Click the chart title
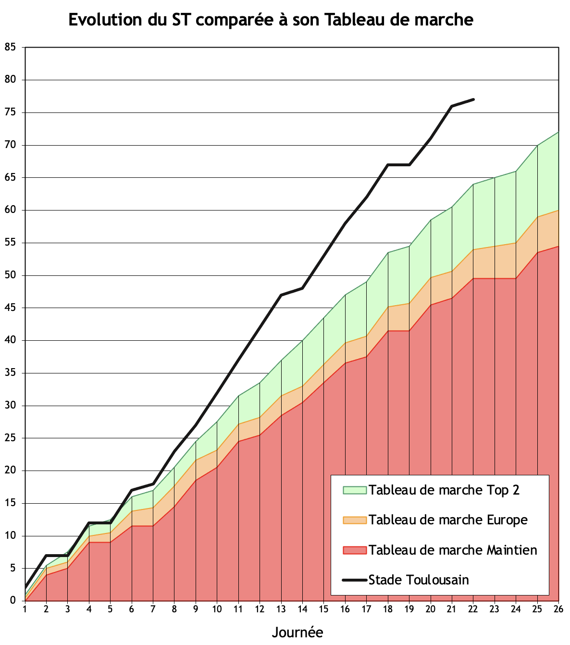point(271,20)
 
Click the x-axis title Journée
point(297,632)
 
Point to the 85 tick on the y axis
point(10,47)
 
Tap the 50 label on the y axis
point(10,275)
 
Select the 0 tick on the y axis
point(13,601)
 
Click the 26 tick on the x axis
point(558,609)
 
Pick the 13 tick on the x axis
point(281,609)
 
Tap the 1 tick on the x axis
point(25,609)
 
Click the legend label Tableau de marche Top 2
point(444,490)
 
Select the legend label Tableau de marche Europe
point(448,520)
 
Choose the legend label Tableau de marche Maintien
point(453,550)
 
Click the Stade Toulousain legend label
point(419,580)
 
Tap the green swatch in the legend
point(355,490)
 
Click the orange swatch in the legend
point(355,520)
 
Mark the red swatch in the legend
point(355,550)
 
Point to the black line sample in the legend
point(355,580)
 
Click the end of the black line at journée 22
point(473,99)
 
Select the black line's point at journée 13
point(281,295)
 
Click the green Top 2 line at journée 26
point(558,132)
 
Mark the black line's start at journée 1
point(25,588)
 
